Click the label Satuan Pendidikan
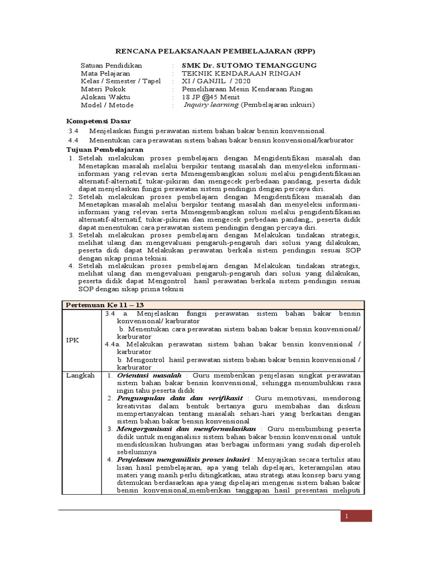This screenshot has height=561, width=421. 111,65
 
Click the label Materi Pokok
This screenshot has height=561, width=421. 103,89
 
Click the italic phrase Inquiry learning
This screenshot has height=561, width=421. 211,105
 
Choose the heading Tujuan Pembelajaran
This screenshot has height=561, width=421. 105,149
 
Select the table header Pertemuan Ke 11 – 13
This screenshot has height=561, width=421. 104,304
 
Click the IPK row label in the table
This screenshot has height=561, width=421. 73,340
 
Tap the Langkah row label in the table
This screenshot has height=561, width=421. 81,375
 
